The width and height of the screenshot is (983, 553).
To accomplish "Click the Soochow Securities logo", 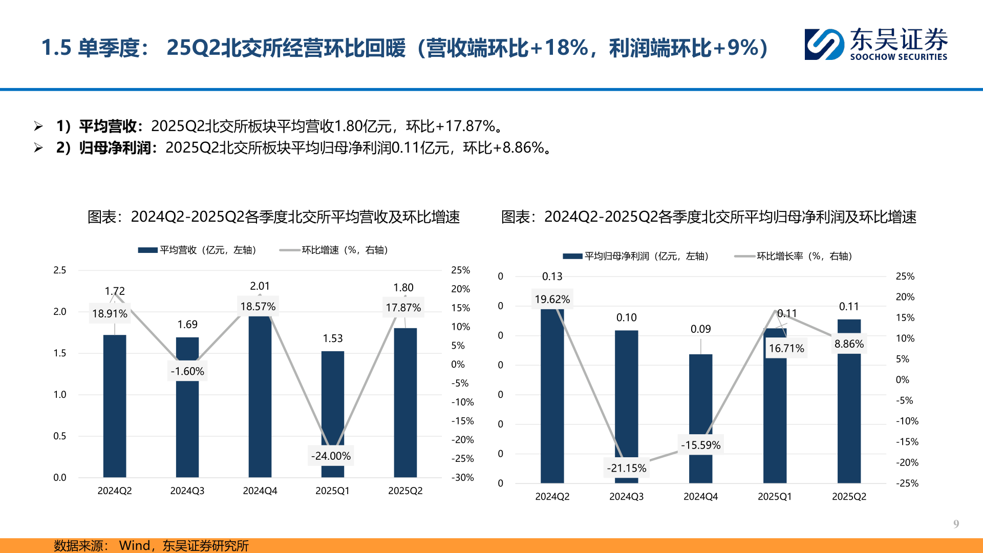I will click(875, 45).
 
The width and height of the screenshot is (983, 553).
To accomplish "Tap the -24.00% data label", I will click(331, 456).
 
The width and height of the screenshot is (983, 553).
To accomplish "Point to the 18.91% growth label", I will click(110, 313).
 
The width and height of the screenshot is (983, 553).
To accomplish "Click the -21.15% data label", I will click(626, 468).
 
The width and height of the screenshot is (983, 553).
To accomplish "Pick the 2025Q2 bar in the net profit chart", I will click(849, 410).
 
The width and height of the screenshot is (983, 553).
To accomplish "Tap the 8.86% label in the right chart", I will click(849, 344).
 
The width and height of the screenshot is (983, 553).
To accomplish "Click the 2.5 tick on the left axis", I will click(60, 270).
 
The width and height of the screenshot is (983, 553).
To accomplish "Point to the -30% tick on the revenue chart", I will click(462, 477).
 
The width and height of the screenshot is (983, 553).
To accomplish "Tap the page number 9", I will click(956, 524).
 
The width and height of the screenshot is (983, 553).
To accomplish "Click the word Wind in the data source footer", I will click(134, 545).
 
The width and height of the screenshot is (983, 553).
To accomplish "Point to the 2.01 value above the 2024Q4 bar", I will click(260, 286).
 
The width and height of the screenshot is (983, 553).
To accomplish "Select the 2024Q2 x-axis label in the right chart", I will click(552, 496).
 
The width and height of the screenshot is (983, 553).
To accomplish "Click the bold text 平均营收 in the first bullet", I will click(108, 126).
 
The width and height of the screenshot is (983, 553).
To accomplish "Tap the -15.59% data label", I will click(700, 445).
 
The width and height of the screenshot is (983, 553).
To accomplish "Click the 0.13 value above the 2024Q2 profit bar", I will click(552, 276).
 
